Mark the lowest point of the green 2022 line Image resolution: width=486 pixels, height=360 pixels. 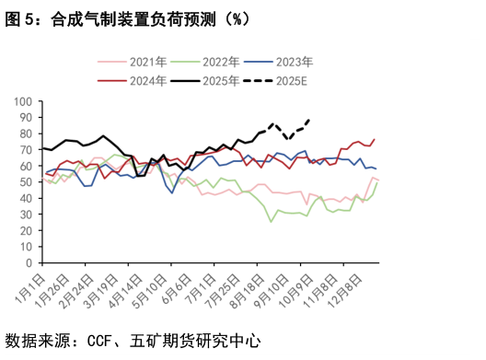[272, 221]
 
